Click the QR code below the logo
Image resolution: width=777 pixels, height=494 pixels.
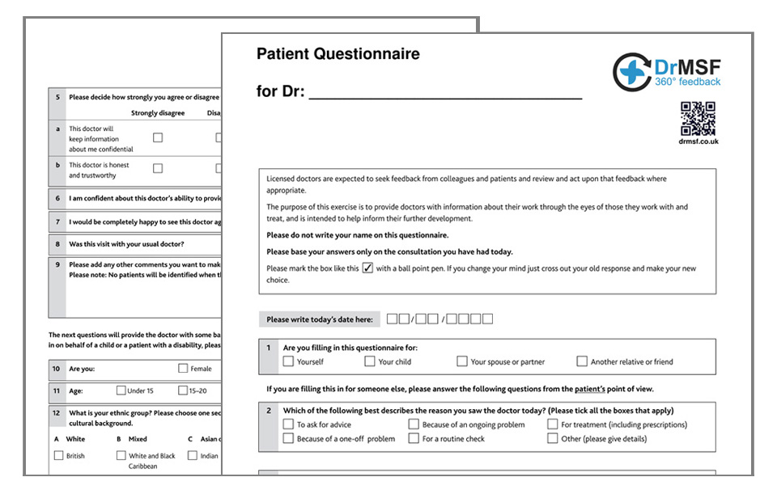tap(697, 119)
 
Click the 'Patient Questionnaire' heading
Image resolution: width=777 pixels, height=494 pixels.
tap(338, 54)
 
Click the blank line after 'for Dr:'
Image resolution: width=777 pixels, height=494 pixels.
tap(445, 92)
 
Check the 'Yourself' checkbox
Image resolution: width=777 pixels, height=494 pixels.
tap(289, 361)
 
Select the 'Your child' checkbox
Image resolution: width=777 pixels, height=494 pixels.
tap(370, 361)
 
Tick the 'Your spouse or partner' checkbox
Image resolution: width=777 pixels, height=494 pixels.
tap(462, 361)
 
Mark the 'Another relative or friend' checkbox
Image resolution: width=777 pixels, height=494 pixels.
tap(582, 361)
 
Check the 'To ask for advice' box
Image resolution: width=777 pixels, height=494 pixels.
tap(289, 424)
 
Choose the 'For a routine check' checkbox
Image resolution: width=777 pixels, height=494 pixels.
tap(414, 438)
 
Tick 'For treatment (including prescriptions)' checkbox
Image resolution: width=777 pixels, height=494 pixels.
tap(553, 424)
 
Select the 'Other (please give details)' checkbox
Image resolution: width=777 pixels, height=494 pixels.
tap(553, 438)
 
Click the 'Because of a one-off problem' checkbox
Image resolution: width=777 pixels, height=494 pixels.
tap(289, 438)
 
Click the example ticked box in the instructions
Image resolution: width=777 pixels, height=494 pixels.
tap(367, 268)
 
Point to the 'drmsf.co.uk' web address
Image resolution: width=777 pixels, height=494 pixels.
tap(698, 141)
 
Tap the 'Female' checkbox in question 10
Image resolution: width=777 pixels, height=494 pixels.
tap(183, 369)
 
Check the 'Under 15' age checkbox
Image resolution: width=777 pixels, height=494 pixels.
tap(121, 391)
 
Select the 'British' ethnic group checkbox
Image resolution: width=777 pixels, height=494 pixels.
tap(58, 455)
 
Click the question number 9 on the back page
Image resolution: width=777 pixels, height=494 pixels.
tap(57, 264)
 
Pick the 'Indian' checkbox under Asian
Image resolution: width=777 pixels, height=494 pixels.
tap(192, 455)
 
